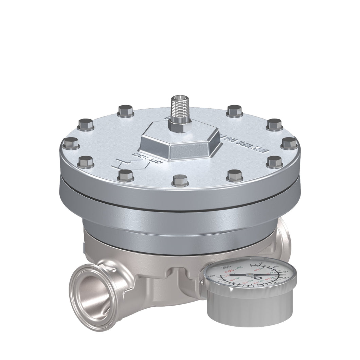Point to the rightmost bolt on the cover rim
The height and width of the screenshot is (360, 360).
point(289,143)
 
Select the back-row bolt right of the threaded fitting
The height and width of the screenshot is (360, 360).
point(234,111)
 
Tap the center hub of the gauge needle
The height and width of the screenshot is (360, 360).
point(249,274)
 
